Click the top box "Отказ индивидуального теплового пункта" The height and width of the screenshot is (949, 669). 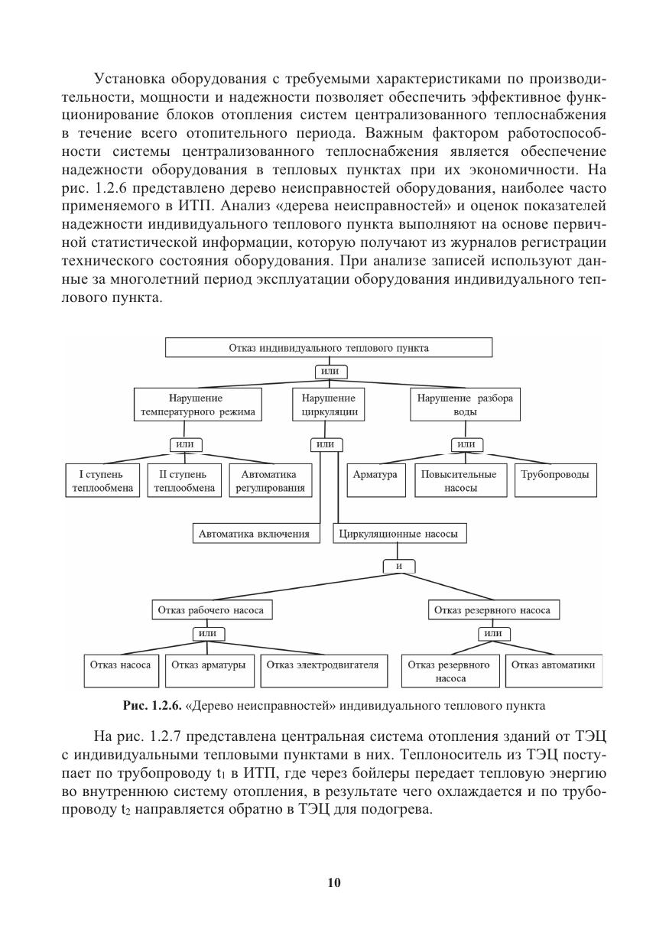click(x=329, y=348)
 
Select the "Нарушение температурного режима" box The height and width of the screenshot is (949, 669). click(x=197, y=405)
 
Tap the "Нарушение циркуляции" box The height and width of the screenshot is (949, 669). click(x=329, y=405)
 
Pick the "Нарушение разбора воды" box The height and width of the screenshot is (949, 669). click(x=465, y=405)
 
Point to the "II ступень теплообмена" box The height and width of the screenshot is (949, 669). click(x=183, y=481)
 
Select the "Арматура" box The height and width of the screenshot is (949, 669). click(x=375, y=480)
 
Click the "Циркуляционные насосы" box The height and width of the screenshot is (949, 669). click(x=398, y=535)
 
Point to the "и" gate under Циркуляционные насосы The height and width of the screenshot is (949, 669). click(x=399, y=567)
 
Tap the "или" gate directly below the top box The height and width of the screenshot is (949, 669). click(x=330, y=372)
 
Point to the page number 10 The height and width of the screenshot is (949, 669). click(x=334, y=883)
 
